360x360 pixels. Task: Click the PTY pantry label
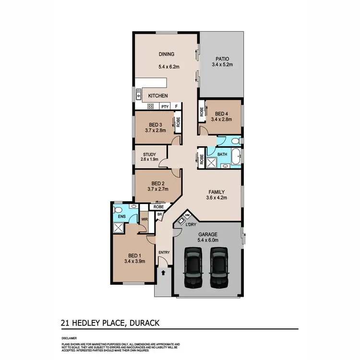point(165,107)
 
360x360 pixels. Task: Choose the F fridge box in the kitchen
point(176,107)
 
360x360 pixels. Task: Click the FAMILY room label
point(216,192)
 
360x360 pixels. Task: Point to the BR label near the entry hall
point(158,215)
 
